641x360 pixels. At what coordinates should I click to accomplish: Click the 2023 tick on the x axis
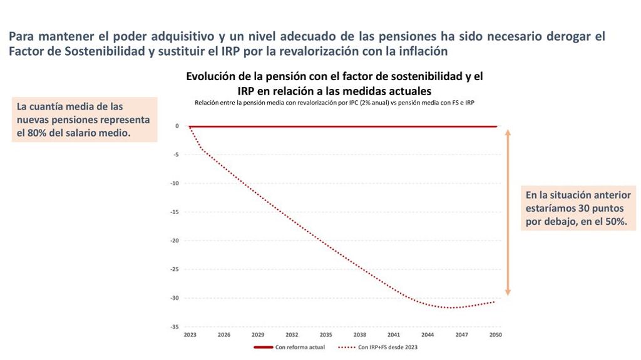190,335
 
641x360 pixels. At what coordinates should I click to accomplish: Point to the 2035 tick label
326,335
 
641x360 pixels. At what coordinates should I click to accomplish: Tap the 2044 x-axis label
428,335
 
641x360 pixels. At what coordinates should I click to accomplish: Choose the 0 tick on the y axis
177,126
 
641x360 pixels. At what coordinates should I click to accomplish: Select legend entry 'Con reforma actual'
300,347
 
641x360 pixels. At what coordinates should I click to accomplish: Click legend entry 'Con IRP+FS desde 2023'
386,347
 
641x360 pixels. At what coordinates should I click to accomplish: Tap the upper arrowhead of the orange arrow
508,133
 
